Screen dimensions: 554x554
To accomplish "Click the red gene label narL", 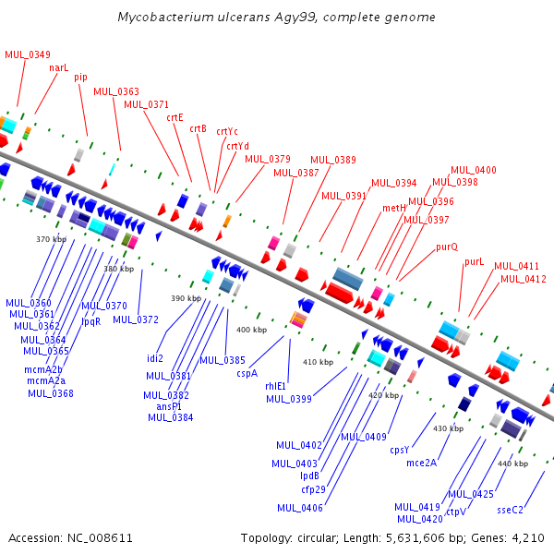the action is [59, 67].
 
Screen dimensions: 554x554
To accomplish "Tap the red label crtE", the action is [175, 117].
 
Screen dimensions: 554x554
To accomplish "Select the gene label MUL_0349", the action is [28, 54].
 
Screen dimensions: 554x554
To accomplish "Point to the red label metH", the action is [394, 208].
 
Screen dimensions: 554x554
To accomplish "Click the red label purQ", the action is [447, 247].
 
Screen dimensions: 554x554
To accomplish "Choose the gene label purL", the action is [474, 262].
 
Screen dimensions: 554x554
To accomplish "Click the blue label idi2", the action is [155, 358].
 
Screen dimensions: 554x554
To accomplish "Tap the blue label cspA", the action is [247, 373].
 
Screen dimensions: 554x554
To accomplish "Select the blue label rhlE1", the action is [275, 386].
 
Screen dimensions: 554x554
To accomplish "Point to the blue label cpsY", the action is [399, 451].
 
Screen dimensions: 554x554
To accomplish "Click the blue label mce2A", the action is [422, 463].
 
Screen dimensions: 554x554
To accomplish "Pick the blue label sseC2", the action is [510, 511].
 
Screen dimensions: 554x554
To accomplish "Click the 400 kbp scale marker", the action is [251, 330].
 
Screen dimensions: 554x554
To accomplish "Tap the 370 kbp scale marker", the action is [51, 239].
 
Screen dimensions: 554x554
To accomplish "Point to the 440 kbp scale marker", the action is [512, 464].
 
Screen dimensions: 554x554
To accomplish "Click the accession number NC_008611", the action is [100, 538].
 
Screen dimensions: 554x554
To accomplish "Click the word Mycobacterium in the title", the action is [165, 17].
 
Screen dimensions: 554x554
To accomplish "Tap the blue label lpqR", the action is [91, 322].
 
